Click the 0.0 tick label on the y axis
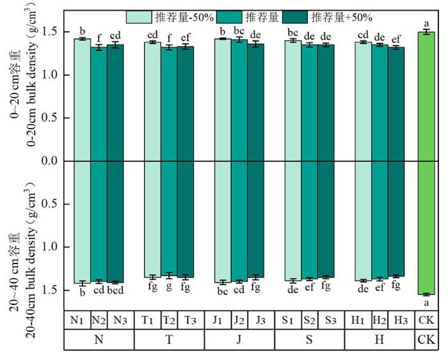point(50,161)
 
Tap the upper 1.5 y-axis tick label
point(50,32)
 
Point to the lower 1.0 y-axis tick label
point(50,247)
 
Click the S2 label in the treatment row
point(310,320)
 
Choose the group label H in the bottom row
point(380,340)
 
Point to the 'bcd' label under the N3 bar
point(115,291)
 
